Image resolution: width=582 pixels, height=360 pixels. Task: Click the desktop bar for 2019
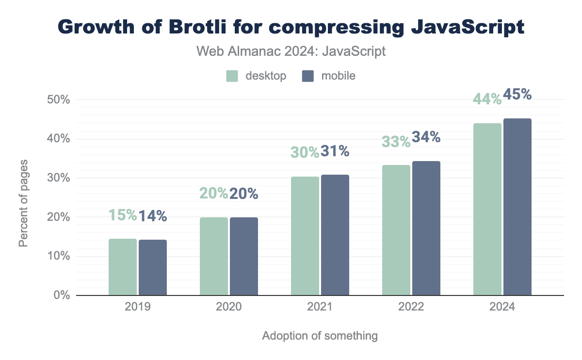(x=122, y=267)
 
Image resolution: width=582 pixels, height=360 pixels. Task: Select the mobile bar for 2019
(x=153, y=267)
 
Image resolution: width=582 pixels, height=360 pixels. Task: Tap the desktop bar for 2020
(x=213, y=256)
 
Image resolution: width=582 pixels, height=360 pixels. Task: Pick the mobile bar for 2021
(x=335, y=235)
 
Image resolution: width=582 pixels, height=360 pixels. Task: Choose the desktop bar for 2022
(x=396, y=230)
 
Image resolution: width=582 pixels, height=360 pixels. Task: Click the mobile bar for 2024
(x=517, y=207)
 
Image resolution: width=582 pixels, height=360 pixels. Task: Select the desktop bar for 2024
(x=487, y=209)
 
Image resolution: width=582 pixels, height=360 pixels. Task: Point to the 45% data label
(x=517, y=94)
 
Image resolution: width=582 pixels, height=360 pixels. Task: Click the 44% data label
(x=487, y=99)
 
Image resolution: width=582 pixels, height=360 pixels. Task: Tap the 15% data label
(x=122, y=215)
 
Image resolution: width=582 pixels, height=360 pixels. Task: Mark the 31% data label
(x=335, y=151)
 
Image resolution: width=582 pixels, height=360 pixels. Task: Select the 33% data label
(x=396, y=142)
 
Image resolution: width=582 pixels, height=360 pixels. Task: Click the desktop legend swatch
(x=232, y=76)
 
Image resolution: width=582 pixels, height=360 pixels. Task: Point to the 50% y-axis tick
(x=59, y=100)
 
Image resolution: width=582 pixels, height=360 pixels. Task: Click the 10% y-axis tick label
(x=59, y=256)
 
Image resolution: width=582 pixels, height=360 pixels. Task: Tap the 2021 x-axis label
(x=320, y=308)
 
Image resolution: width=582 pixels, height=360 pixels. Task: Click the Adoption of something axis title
(x=320, y=336)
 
